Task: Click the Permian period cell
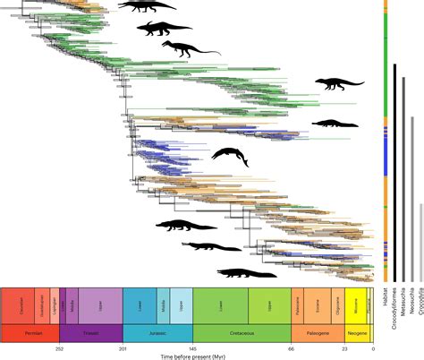click(x=30, y=333)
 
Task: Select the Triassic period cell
click(x=90, y=333)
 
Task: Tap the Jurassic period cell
click(x=157, y=333)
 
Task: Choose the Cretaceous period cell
click(x=242, y=333)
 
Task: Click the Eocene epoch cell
click(x=319, y=305)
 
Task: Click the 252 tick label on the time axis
click(x=59, y=347)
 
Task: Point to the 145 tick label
click(x=192, y=347)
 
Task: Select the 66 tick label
click(x=292, y=347)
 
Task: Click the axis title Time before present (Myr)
click(x=187, y=356)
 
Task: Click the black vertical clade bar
click(x=394, y=170)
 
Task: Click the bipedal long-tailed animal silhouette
click(x=190, y=47)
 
